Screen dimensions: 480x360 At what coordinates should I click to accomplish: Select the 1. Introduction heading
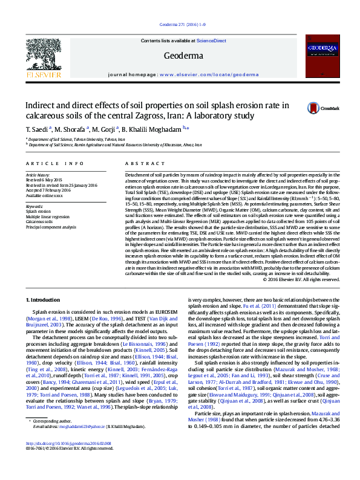(44, 300)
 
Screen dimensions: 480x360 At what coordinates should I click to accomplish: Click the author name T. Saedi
(38, 129)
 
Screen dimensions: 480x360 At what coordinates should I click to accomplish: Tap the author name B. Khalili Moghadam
(151, 129)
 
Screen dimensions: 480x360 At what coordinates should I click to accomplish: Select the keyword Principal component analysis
(51, 227)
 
